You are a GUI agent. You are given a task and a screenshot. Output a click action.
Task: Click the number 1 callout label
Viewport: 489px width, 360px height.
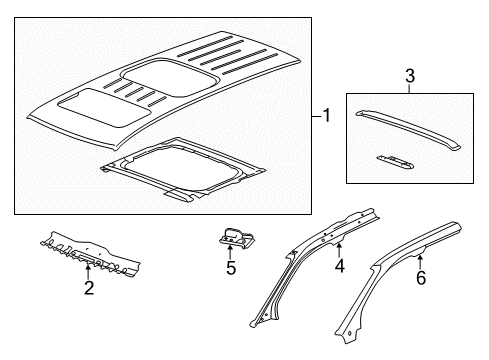click(325, 117)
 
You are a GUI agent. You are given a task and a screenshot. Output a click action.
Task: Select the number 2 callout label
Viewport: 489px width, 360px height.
click(89, 289)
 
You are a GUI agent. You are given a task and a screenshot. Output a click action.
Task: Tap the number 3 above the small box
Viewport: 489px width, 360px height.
click(381, 76)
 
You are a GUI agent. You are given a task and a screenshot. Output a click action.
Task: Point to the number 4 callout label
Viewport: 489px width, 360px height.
click(339, 266)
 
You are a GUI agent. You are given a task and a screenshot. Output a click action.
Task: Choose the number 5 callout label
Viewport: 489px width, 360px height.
click(231, 268)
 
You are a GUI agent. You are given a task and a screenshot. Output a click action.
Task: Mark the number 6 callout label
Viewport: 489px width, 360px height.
click(420, 277)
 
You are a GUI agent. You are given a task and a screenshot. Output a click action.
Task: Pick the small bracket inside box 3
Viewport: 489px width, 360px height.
click(398, 159)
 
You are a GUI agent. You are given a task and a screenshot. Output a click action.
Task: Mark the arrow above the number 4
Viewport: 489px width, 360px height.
click(339, 248)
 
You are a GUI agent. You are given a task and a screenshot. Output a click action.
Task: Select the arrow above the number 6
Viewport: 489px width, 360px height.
click(420, 258)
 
